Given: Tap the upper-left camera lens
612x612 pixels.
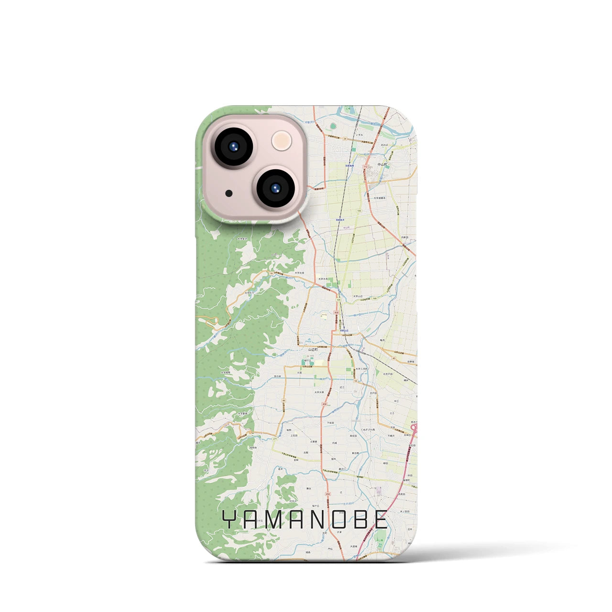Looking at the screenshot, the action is pos(233,146).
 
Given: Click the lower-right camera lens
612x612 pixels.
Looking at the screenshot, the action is pos(275,188).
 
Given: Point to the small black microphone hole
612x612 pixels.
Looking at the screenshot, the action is pos(229,194).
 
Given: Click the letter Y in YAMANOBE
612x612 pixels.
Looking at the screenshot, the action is pos(230,520).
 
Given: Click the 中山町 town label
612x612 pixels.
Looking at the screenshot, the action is pos(383,164).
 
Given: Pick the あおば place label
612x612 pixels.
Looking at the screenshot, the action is pos(384,144).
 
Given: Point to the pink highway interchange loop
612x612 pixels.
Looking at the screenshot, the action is pos(414,430).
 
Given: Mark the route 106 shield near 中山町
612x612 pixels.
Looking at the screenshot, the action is pos(359,210).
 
